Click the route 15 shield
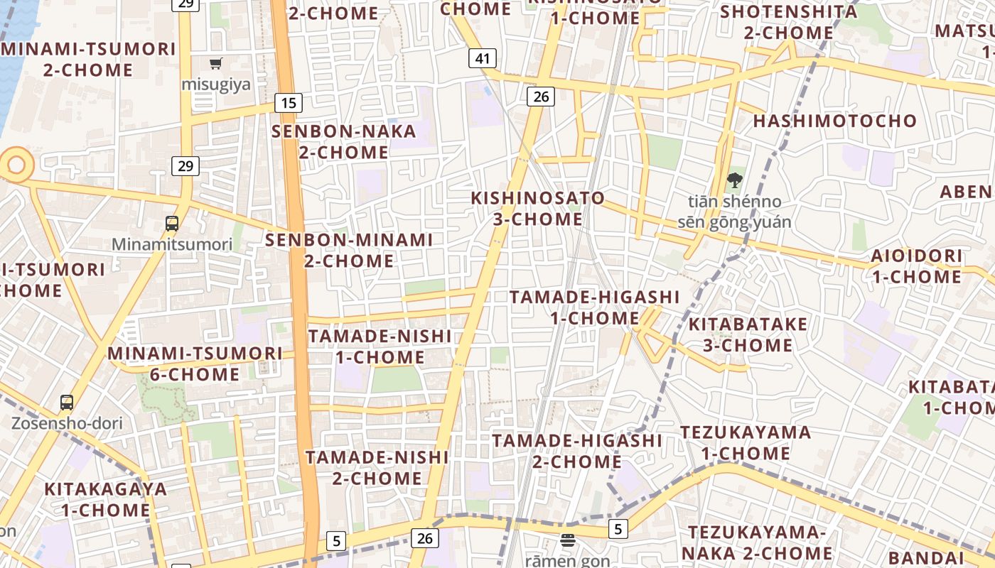(288, 103)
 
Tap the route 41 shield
(482, 58)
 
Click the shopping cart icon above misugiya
(216, 63)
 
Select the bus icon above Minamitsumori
(172, 224)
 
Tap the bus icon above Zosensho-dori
(67, 403)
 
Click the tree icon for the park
(735, 180)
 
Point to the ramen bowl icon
(567, 540)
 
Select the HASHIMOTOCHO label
(835, 121)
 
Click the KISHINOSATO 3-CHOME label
(538, 208)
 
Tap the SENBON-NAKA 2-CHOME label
(344, 141)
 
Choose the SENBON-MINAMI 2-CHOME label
(349, 250)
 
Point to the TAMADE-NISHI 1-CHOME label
(380, 346)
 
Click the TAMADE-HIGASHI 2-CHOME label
(577, 451)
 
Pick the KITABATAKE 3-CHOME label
(748, 334)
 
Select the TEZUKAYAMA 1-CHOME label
(746, 442)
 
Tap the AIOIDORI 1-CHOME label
(917, 266)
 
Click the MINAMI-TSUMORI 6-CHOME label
(195, 363)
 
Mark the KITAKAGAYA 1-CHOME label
(105, 499)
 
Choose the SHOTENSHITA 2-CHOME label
(788, 22)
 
